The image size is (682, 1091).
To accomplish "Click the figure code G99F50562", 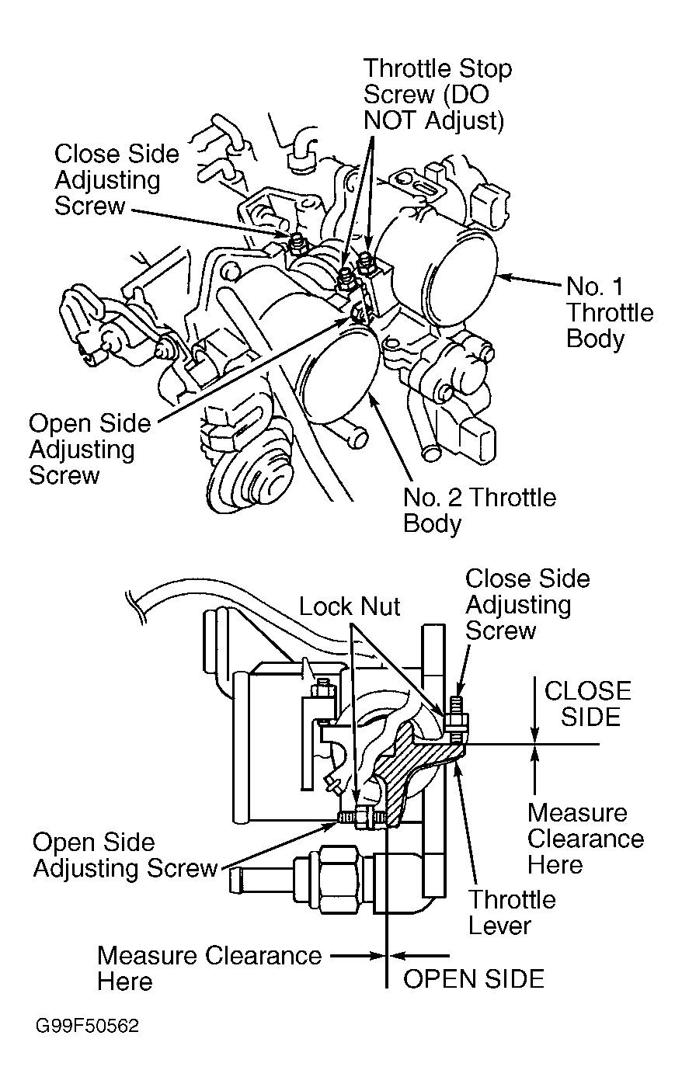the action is [87, 1026].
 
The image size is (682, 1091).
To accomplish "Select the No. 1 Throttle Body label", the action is [610, 313].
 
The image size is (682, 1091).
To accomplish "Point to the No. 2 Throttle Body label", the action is [479, 510].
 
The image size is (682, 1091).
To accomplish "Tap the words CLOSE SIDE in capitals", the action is [587, 704].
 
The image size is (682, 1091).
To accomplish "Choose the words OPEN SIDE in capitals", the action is [473, 979].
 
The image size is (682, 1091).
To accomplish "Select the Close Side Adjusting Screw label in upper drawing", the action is [117, 179].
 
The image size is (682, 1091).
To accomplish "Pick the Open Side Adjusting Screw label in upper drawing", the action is [89, 449].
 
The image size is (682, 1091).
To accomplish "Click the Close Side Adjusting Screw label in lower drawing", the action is [527, 605].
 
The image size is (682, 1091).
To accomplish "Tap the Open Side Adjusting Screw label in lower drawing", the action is [125, 855].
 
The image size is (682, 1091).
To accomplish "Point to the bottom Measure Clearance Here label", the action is [210, 968].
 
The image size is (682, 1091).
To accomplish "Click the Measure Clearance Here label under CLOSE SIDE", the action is [586, 839].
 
